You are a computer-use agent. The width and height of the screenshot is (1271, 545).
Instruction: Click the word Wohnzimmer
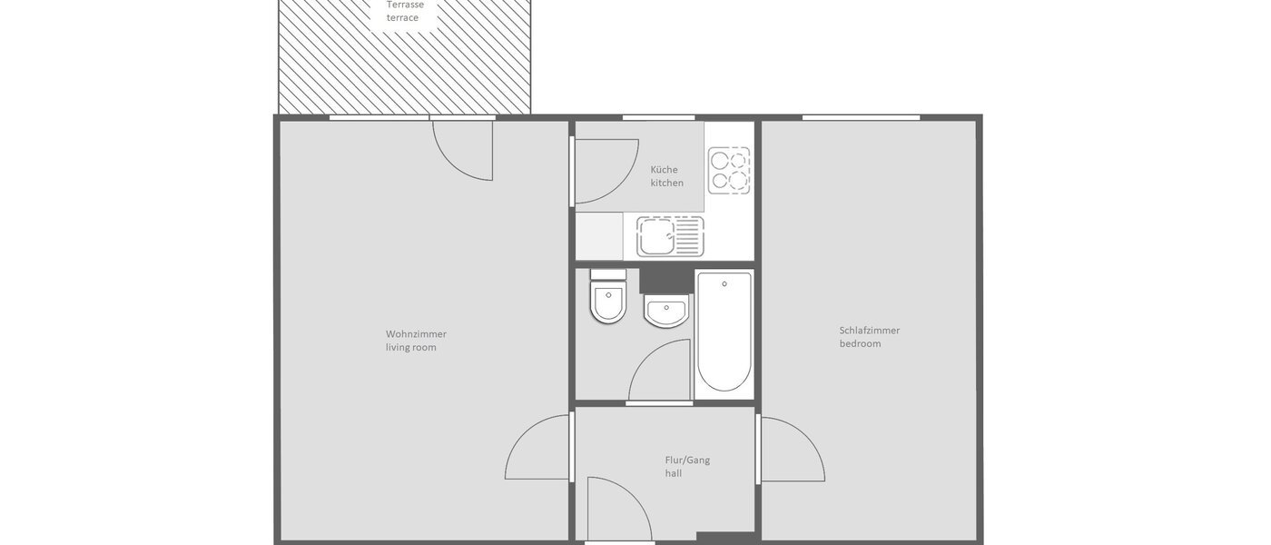click(416, 333)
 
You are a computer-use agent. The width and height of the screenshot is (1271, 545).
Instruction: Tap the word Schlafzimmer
click(869, 331)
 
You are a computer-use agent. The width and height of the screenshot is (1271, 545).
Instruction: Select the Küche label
click(664, 170)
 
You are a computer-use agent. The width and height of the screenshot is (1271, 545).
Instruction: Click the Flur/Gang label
click(687, 460)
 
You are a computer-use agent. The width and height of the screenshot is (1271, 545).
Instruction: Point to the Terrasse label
click(405, 5)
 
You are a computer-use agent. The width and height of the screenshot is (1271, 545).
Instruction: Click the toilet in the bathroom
click(608, 297)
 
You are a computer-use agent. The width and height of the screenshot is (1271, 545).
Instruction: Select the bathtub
click(724, 331)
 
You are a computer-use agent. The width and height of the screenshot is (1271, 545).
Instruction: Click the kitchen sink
click(670, 236)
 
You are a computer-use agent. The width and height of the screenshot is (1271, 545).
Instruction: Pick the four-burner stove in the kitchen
click(730, 170)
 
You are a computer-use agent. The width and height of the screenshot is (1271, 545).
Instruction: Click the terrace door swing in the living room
click(464, 150)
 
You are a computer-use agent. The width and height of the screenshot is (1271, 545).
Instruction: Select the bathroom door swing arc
click(660, 371)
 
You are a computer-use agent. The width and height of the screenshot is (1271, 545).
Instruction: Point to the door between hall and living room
click(538, 448)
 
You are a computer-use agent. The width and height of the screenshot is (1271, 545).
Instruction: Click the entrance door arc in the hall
click(619, 509)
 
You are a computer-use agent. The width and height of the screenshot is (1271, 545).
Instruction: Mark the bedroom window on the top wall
click(861, 117)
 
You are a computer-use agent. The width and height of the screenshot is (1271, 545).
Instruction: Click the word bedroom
click(860, 344)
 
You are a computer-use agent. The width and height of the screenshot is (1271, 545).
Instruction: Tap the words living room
click(411, 347)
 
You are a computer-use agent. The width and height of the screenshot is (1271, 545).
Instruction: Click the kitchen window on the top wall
click(658, 117)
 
